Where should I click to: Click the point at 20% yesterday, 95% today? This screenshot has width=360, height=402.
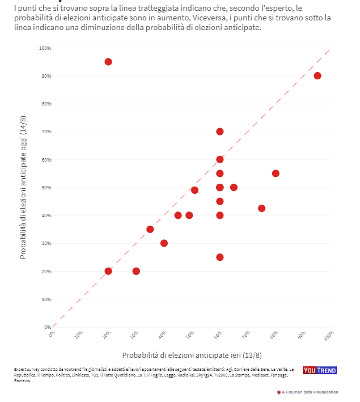[108, 62]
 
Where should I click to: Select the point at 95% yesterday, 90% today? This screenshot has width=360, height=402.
[317, 76]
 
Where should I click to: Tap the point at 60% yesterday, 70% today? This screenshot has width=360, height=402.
[220, 132]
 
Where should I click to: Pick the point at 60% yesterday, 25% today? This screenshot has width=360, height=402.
[220, 257]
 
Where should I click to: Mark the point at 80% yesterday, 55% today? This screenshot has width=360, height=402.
[276, 174]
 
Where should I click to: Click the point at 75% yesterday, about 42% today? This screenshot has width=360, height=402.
[262, 208]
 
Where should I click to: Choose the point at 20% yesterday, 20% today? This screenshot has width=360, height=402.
[108, 271]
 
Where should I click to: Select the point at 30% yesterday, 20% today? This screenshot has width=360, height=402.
[136, 271]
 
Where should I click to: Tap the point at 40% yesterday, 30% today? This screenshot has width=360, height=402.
[164, 243]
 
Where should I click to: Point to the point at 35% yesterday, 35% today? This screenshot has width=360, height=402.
[150, 229]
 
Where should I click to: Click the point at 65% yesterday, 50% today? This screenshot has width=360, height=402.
[234, 187]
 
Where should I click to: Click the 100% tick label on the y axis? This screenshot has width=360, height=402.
[45, 48]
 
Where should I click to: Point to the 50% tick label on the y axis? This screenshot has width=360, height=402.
[46, 188]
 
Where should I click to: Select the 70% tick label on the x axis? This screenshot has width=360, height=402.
[247, 336]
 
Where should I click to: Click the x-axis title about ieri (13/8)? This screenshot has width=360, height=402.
[192, 356]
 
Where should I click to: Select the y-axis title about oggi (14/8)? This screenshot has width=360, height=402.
[23, 187]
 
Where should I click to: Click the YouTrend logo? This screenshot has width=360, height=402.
[319, 370]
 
